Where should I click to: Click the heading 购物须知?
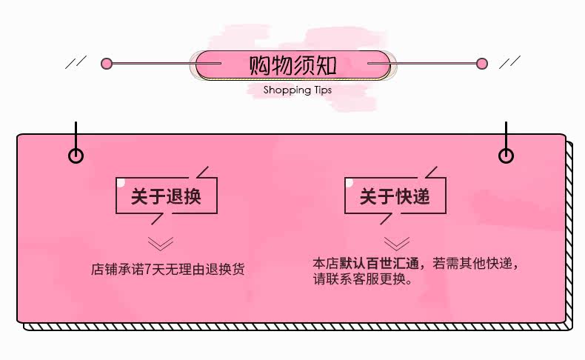pos(292,65)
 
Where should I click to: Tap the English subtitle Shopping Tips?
pos(298,90)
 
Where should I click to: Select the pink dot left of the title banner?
pos(107,64)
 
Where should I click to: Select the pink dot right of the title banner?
pos(482,64)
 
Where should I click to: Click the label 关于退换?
pos(166,196)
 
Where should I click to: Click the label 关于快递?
pos(395,196)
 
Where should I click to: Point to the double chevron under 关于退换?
pos(161,244)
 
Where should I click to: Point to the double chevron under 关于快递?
pos(397,243)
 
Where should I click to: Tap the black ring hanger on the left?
pos(76,156)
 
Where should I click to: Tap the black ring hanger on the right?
pos(506,156)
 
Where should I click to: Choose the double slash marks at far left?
pos(76,62)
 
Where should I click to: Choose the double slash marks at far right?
pos(509,62)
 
